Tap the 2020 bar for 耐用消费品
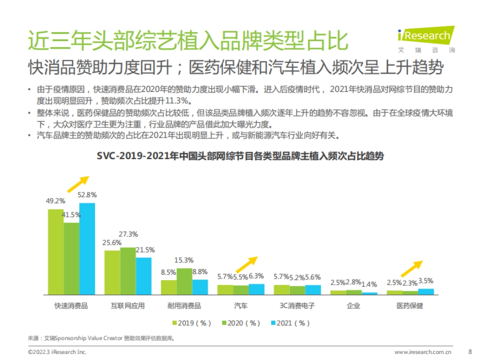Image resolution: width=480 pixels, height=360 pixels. pyautogui.click(x=184, y=282)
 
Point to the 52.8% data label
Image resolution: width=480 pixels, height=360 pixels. pyautogui.click(x=87, y=195)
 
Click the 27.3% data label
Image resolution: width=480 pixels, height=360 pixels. pyautogui.click(x=128, y=234)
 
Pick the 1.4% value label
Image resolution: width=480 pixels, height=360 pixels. pyautogui.click(x=369, y=284)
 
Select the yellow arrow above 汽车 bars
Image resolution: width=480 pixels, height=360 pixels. pyautogui.click(x=245, y=265)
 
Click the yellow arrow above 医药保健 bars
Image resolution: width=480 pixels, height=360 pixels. pyautogui.click(x=412, y=268)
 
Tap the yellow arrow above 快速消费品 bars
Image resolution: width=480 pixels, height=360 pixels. pyautogui.click(x=77, y=184)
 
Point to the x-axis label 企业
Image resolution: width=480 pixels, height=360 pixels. pyautogui.click(x=354, y=306)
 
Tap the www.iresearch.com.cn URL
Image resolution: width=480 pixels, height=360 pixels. pyautogui.click(x=423, y=352)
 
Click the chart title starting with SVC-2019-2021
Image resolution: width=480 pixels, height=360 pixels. pyautogui.click(x=240, y=156)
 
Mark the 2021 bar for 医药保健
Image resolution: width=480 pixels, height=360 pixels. pyautogui.click(x=426, y=292)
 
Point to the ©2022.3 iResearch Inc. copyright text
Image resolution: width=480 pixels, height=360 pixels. pyautogui.click(x=57, y=352)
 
